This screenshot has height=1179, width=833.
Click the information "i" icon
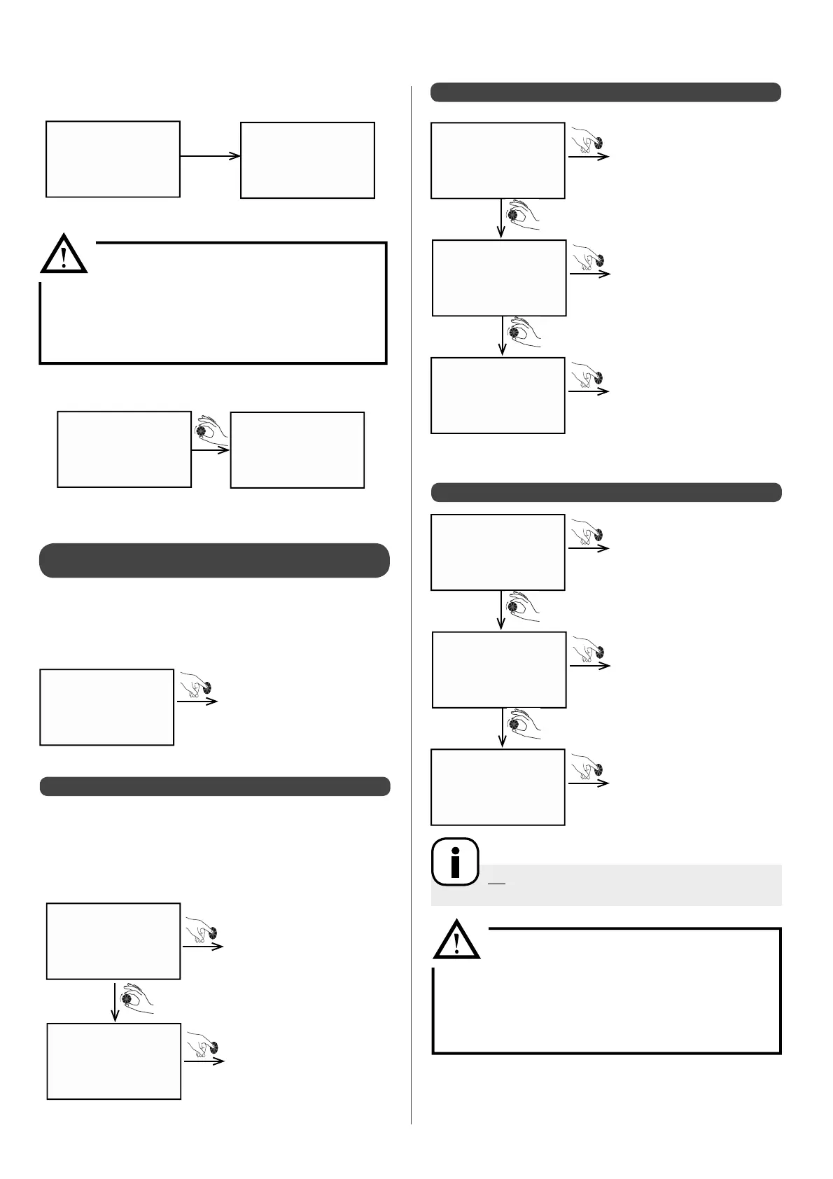coord(455,862)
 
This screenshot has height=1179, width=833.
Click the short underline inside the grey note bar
coord(496,883)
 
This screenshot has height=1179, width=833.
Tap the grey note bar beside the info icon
coord(630,885)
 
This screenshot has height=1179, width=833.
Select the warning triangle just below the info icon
coord(457,940)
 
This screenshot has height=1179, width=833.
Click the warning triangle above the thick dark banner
coord(64,254)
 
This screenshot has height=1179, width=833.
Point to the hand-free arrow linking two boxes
coord(210,156)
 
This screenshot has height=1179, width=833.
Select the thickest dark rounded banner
coord(214,560)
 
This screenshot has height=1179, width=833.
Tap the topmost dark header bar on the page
coord(605,92)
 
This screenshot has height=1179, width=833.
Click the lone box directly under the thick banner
coord(107,707)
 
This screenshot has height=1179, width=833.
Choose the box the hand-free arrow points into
coord(307,160)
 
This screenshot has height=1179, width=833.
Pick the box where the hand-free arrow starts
coord(113,159)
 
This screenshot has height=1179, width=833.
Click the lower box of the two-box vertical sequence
coord(114,1061)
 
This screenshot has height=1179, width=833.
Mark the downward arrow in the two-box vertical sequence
coord(115,1001)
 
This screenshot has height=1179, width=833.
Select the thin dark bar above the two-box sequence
coord(214,786)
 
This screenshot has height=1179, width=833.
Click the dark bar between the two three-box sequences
coord(605,492)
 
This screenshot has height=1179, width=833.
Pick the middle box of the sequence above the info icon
coord(499,670)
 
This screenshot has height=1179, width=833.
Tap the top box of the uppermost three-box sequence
coord(498,161)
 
